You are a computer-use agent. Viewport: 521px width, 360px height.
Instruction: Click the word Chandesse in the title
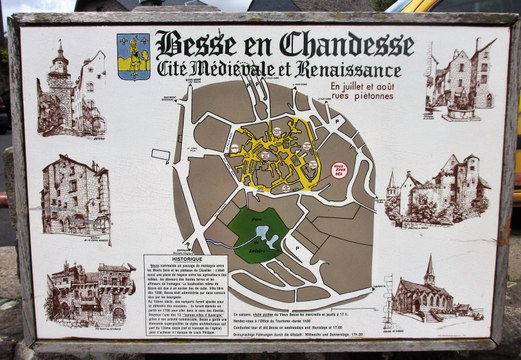coord(346,45)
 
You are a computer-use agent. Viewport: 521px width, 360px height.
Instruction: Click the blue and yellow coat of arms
coord(133,56)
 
